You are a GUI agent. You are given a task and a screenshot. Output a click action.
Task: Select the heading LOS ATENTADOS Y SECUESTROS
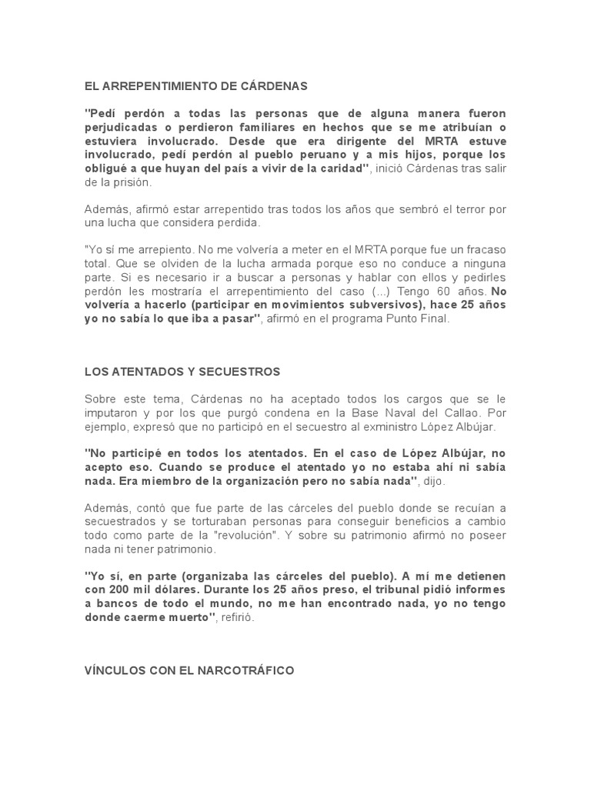point(182,372)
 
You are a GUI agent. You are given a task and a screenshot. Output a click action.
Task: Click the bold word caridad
point(346,169)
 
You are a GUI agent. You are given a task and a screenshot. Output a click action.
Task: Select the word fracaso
point(482,251)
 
